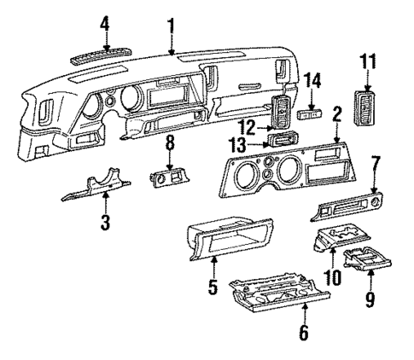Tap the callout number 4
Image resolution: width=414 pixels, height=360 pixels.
104,23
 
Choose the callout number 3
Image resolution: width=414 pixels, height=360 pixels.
105,224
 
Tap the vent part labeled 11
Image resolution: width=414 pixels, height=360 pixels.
367,104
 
